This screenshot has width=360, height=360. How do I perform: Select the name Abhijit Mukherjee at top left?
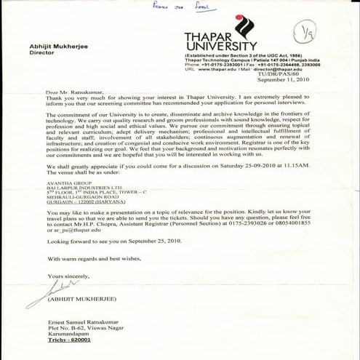coord(55,44)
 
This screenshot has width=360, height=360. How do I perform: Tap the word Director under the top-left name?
coord(42,52)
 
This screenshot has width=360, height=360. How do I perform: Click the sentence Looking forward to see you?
coord(99,241)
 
